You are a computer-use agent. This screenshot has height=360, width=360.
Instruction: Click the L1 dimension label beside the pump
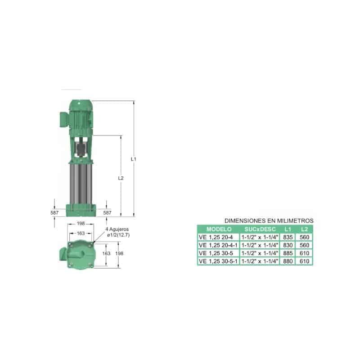[133, 159]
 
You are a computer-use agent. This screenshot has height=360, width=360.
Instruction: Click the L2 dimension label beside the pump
[121, 178]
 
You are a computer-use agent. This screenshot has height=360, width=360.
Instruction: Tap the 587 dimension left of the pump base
[54, 212]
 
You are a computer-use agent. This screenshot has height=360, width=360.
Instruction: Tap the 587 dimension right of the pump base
[107, 212]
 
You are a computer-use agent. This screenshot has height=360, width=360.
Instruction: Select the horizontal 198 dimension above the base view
[81, 223]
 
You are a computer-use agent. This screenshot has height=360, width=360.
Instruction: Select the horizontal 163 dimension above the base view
[81, 233]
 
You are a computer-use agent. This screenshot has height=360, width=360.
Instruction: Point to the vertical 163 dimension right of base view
[106, 253]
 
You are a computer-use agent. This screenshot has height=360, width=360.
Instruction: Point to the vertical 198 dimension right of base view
[119, 253]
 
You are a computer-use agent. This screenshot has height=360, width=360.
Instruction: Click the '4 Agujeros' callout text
[117, 229]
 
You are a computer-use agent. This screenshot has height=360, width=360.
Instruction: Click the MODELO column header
[219, 229]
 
